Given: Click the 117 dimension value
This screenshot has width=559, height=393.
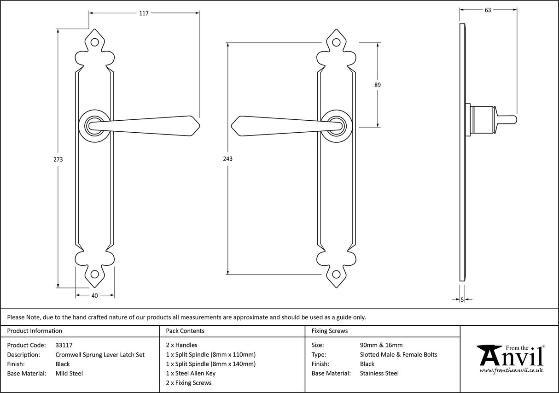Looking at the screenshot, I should click(144, 13).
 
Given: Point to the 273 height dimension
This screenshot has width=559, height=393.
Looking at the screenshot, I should click(58, 159).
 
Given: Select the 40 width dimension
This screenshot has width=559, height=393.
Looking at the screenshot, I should click(95, 296).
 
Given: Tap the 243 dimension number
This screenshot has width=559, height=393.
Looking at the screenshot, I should click(228, 159).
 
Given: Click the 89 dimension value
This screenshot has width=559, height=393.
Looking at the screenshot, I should click(378, 85).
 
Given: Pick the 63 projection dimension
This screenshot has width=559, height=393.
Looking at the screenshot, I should click(488, 10).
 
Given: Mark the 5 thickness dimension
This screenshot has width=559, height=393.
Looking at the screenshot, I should click(462, 300).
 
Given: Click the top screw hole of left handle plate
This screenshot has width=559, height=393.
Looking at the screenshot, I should click(95, 42).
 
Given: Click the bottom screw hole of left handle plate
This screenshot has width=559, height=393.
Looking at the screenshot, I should click(95, 274).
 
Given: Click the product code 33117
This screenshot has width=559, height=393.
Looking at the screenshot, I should click(64, 345).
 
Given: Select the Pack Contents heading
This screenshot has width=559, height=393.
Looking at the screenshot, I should click(185, 331).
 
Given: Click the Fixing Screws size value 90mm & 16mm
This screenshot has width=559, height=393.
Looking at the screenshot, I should click(381, 345).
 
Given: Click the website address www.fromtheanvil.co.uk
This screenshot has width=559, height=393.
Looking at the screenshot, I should click(511, 370).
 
